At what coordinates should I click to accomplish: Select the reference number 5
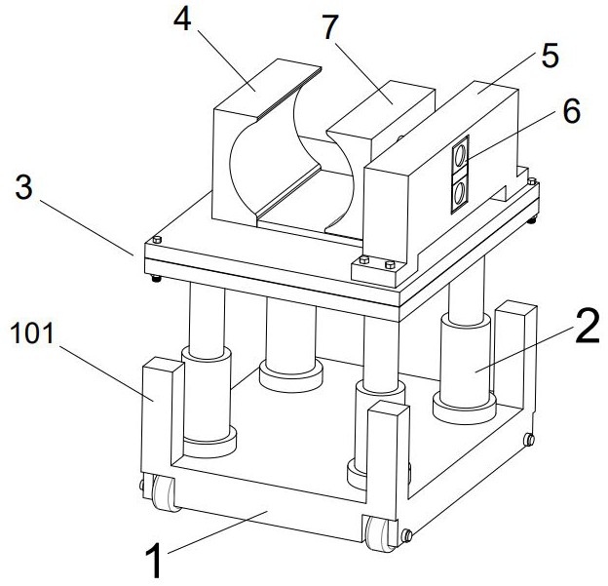[x=549, y=56]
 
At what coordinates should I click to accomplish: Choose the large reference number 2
[x=586, y=329]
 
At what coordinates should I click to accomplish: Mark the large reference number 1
[x=153, y=561]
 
